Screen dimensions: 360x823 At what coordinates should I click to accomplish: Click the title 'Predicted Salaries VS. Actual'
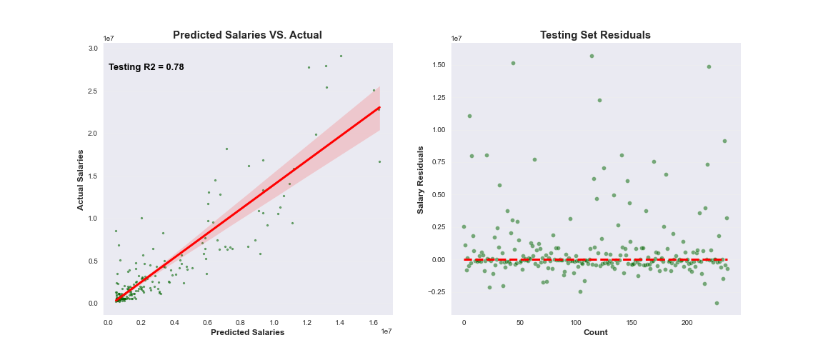247,35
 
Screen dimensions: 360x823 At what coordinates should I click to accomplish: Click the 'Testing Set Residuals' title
595,35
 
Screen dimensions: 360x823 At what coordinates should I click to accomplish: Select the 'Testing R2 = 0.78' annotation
146,67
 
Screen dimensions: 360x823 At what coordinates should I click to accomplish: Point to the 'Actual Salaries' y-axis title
81,179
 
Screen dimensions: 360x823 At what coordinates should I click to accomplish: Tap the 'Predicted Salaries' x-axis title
247,332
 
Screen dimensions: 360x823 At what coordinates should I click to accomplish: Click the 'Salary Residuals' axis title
421,179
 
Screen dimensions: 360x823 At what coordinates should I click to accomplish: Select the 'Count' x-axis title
595,332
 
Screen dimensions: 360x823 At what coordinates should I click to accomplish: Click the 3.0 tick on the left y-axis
93,49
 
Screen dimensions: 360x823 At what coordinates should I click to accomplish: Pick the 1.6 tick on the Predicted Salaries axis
373,323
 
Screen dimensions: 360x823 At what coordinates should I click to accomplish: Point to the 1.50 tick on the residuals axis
437,65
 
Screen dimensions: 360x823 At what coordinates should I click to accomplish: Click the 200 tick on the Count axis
687,323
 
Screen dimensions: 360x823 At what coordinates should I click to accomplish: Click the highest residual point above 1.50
592,56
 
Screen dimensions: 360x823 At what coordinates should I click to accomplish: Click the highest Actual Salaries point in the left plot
341,56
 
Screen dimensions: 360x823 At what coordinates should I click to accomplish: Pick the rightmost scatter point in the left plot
379,161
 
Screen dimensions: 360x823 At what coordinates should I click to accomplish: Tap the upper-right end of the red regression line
379,107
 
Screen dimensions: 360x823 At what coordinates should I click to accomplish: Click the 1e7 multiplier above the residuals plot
457,39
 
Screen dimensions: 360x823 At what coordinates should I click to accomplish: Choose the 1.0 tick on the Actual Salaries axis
93,219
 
